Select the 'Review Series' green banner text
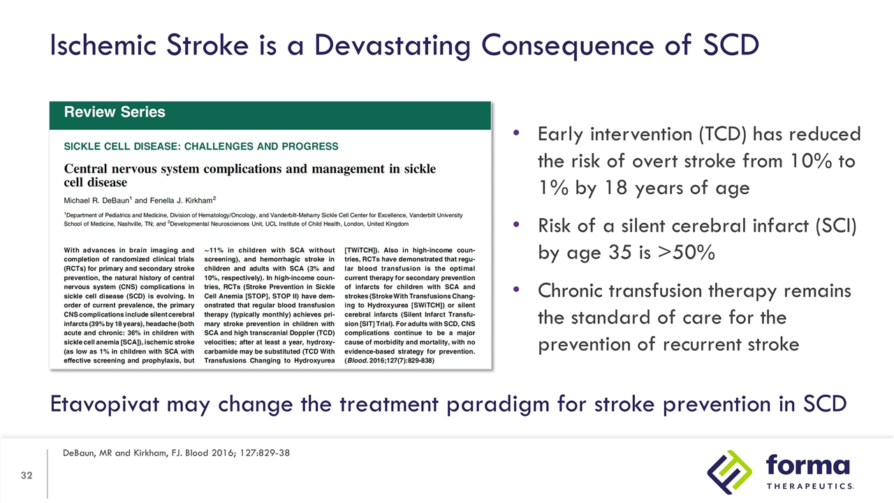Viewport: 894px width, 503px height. tap(115, 112)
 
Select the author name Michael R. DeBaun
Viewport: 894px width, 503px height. tap(95, 200)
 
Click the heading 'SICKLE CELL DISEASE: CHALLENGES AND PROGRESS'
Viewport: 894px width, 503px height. tap(201, 147)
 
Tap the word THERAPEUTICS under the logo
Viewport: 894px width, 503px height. tap(809, 486)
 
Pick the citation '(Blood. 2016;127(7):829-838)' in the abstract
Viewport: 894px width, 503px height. tap(390, 361)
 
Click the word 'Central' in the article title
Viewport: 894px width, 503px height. tap(89, 169)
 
